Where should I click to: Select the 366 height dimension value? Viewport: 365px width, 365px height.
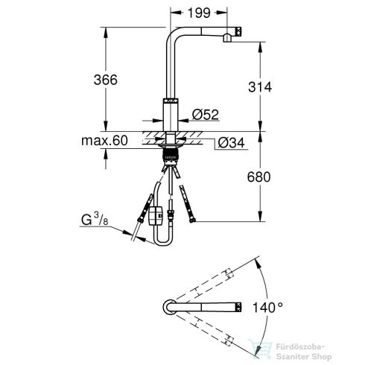pos(122,82)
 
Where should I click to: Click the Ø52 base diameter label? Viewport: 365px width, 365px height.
pos(205,114)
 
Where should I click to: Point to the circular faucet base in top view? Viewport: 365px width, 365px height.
pos(168,306)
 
